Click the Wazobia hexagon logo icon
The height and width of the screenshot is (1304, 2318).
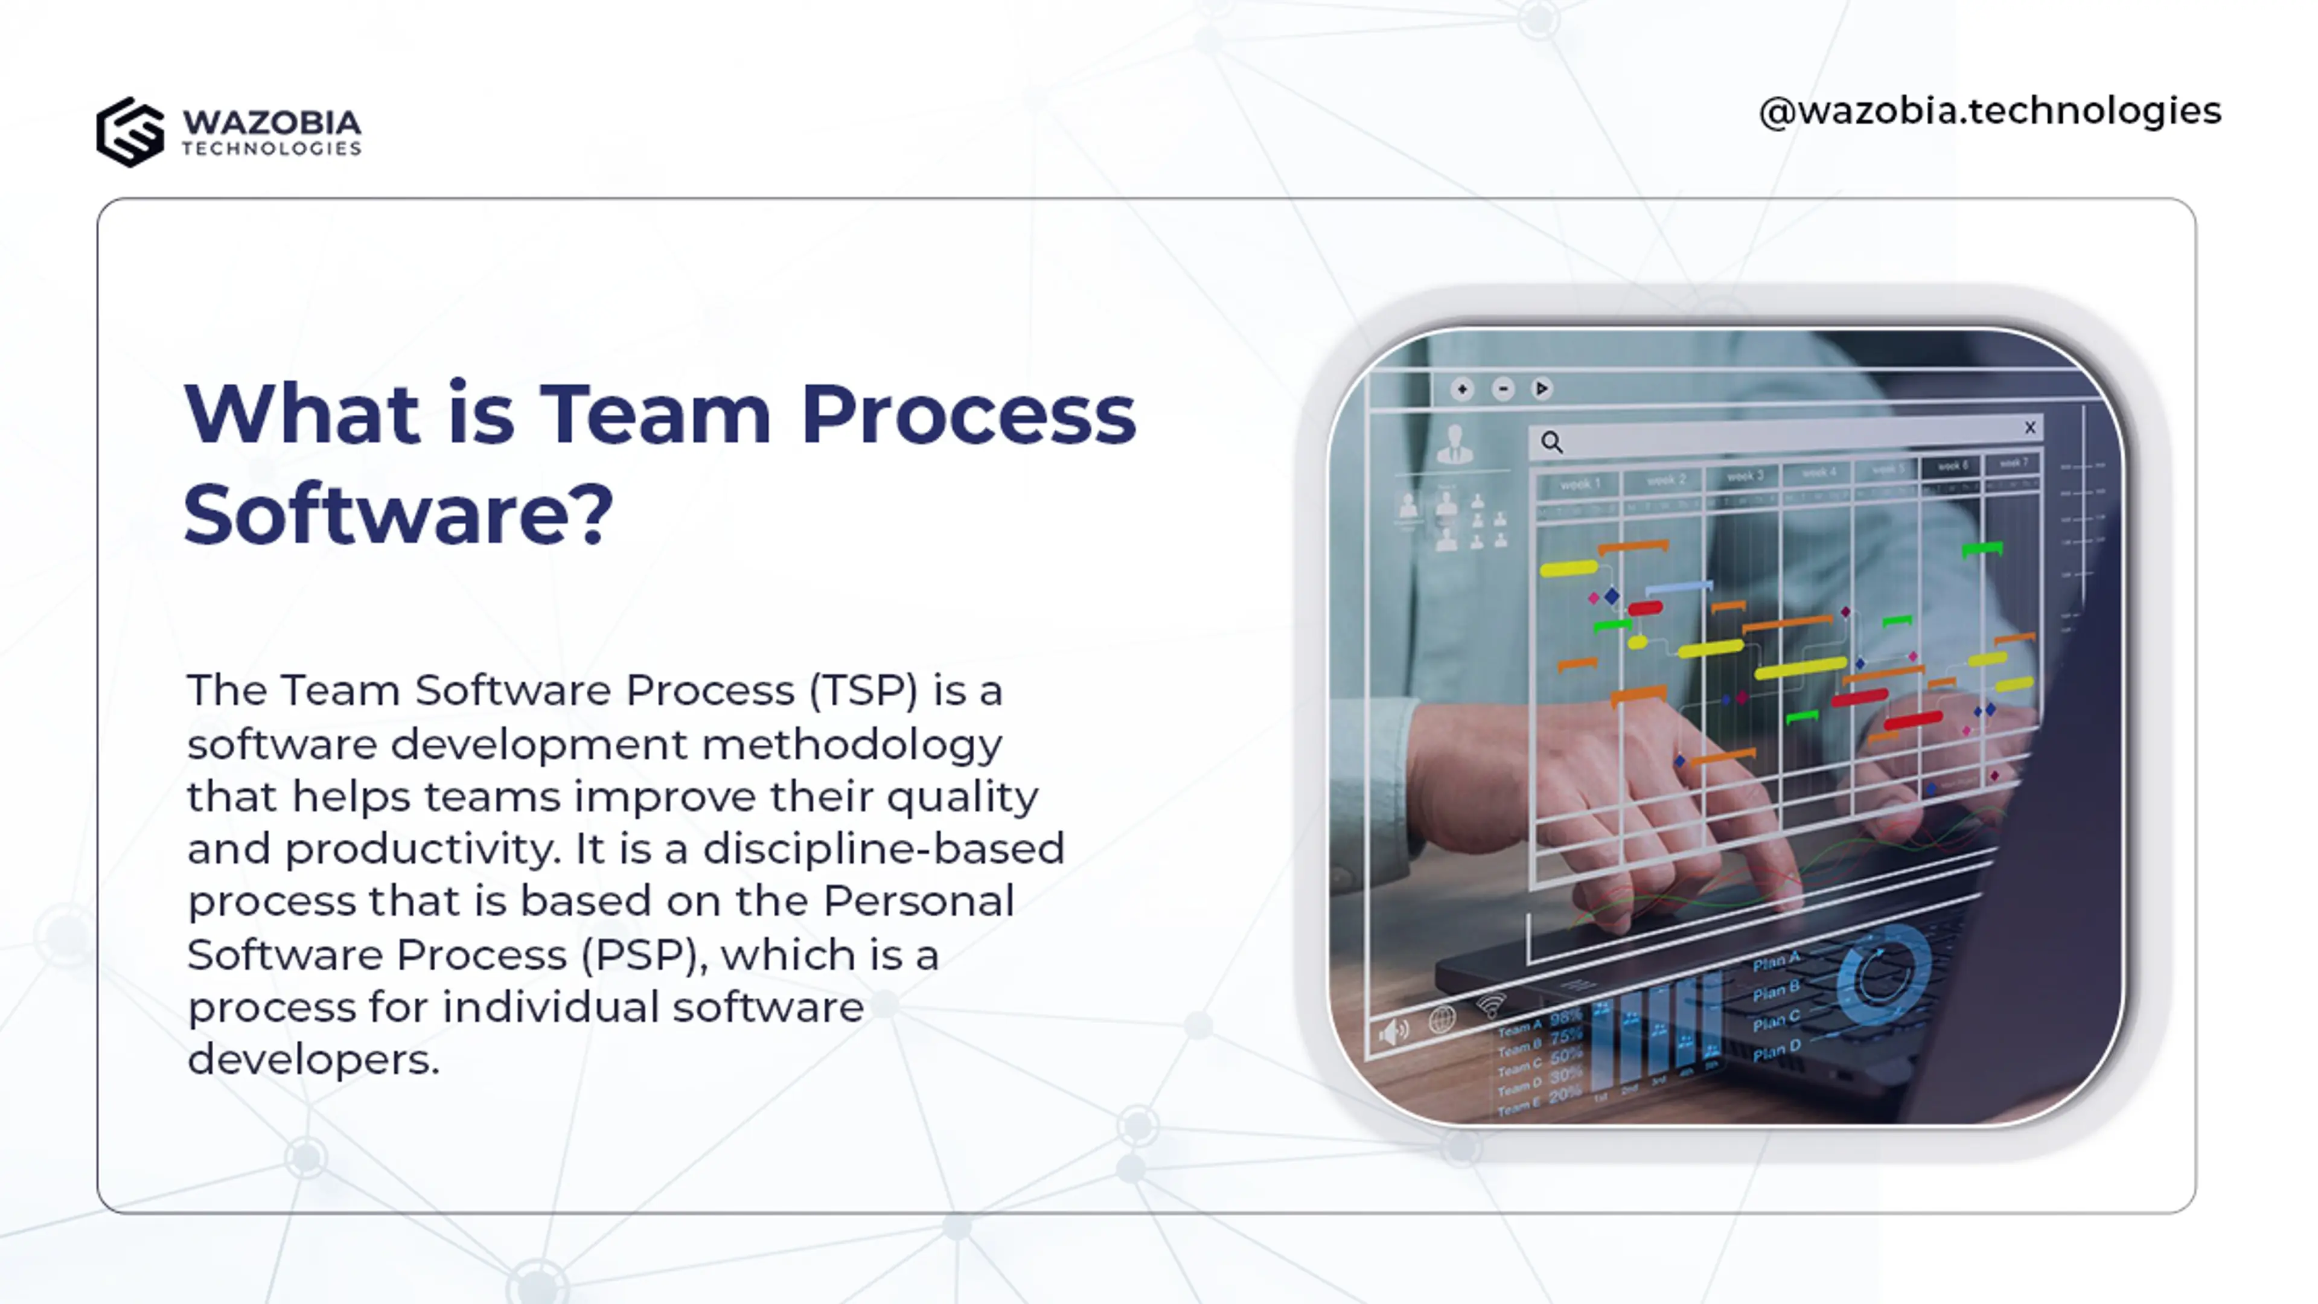point(130,132)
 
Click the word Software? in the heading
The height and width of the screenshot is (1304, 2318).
point(398,515)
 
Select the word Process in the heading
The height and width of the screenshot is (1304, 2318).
point(968,415)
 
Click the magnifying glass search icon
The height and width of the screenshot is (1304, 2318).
point(1552,443)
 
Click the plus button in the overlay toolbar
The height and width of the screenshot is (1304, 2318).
point(1462,389)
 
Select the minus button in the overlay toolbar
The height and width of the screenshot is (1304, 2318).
point(1502,389)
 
